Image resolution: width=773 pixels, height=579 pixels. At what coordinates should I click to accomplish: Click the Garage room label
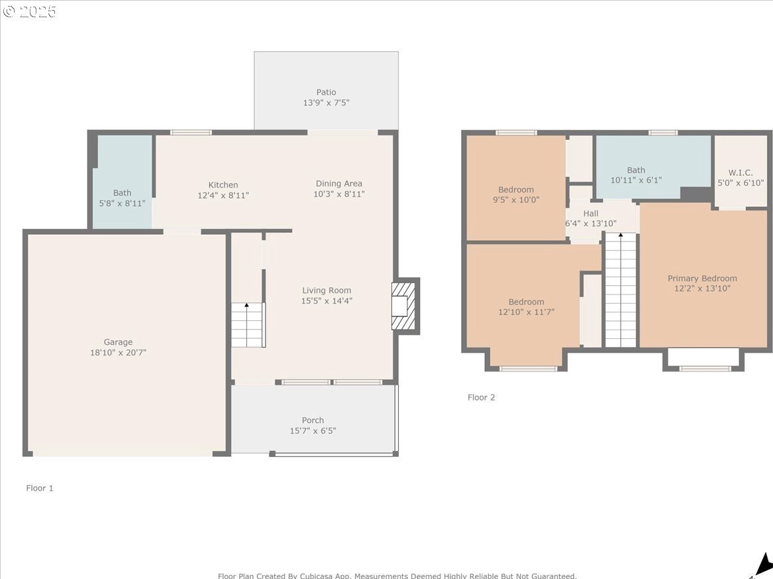pos(118,342)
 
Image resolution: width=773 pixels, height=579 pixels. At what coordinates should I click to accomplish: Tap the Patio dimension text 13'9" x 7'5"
pos(327,103)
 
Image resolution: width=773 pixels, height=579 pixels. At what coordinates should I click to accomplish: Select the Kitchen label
pos(223,185)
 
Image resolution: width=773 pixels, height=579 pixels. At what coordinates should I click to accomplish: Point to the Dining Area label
pos(338,184)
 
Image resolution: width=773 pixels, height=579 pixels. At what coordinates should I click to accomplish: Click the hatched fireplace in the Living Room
pos(403,306)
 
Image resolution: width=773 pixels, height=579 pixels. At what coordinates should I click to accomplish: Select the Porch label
pos(313,420)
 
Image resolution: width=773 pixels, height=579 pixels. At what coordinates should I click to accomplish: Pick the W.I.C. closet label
pos(741,172)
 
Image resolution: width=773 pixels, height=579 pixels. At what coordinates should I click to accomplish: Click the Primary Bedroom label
pos(703,279)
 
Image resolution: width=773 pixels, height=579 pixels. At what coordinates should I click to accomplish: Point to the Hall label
pos(591,214)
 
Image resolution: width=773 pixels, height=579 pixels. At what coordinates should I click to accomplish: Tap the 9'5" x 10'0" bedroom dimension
pos(516,200)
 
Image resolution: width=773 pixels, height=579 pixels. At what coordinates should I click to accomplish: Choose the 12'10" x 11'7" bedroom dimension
pos(527,312)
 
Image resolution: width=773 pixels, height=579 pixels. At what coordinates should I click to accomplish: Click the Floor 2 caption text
pos(481,397)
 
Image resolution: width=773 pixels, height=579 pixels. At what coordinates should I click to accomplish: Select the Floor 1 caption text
pos(40,488)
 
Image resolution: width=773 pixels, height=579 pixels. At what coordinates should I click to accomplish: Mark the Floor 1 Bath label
pos(123,193)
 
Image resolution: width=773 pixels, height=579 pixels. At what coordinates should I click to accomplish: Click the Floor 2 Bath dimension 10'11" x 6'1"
pos(636,180)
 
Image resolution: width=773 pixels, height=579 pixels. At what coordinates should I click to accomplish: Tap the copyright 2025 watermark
pos(30,11)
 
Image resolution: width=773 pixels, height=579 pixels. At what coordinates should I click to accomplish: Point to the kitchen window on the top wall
pos(191,132)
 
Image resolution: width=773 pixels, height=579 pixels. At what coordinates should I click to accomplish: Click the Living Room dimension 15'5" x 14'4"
pos(327,300)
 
